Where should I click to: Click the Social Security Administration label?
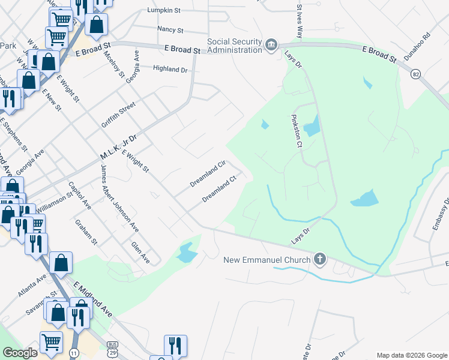pyautogui.click(x=235, y=46)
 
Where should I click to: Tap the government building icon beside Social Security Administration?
pyautogui.click(x=271, y=46)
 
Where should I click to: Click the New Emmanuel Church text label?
pyautogui.click(x=267, y=260)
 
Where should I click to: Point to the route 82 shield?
pyautogui.click(x=415, y=74)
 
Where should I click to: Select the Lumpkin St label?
pyautogui.click(x=164, y=11)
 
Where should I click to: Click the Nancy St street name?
pyautogui.click(x=170, y=29)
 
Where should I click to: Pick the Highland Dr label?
pyautogui.click(x=171, y=70)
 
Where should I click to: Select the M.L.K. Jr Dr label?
pyautogui.click(x=118, y=147)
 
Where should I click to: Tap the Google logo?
pyautogui.click(x=20, y=353)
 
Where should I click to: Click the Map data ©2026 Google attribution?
pyautogui.click(x=412, y=355)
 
